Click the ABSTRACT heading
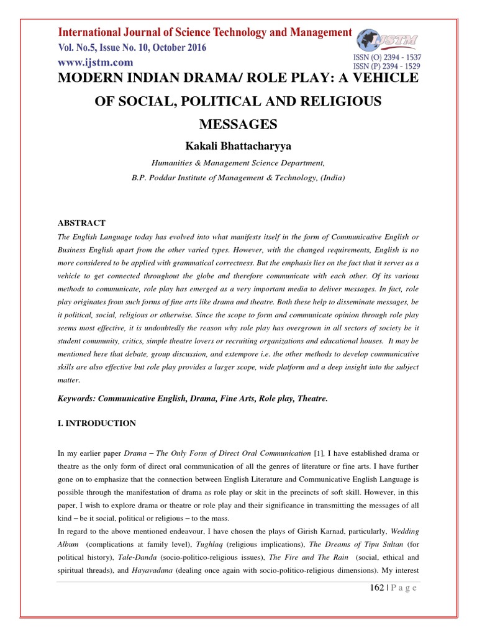[x=81, y=223]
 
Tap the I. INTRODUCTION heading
[x=96, y=424]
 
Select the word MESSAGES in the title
[x=238, y=124]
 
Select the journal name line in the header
[x=205, y=32]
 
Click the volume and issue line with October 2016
[x=132, y=48]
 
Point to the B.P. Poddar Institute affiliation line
[x=238, y=176]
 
